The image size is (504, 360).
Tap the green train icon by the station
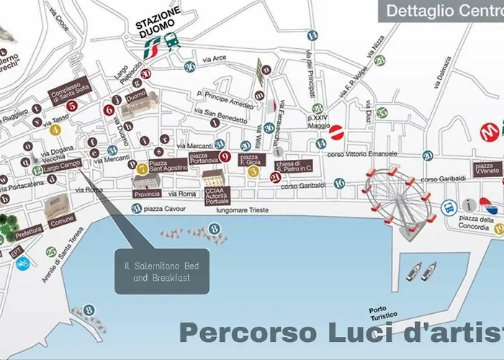point(172,40)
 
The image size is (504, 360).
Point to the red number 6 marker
point(109,110)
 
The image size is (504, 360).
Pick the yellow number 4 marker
point(54,130)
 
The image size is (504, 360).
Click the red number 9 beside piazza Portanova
point(225,157)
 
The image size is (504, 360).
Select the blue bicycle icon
point(22,264)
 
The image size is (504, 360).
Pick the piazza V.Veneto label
point(487,170)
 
